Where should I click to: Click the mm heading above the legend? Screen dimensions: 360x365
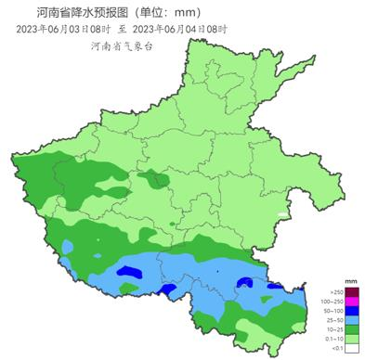pos(350,280)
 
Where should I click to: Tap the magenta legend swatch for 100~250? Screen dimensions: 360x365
pos(351,302)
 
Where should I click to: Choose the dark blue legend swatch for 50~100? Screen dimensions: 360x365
pos(351,312)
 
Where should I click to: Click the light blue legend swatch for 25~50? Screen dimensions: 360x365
pos(351,322)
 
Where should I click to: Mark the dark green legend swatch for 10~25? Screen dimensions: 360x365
pos(351,332)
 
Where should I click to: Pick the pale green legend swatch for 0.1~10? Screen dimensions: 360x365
pos(351,342)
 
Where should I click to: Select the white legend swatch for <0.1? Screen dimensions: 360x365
pos(351,353)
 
